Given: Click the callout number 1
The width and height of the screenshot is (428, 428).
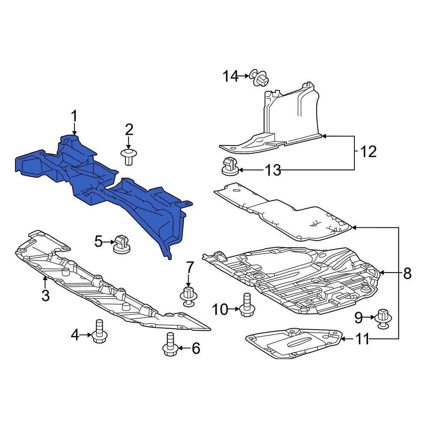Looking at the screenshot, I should coord(74,116).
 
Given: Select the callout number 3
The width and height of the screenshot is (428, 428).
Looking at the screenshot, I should coord(45,295).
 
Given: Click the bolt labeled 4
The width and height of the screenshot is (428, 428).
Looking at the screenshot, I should coord(99,332).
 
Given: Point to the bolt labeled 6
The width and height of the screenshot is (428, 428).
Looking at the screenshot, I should coord(170,345).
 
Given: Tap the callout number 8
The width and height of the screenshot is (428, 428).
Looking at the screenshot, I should coord(407,273).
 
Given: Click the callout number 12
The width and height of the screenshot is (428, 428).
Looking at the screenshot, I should coord(368,152).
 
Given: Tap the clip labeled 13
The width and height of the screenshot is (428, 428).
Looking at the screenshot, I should coord(229,166).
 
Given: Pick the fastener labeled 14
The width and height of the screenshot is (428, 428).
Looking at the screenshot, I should coord(259,78).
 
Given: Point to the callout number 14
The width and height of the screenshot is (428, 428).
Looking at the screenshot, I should coord(230,77).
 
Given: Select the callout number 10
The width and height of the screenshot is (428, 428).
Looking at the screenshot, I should coord(221,309).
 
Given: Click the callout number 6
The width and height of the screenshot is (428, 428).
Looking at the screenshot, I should coord(196,348).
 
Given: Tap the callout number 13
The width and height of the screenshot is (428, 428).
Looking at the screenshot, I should coord(273,170).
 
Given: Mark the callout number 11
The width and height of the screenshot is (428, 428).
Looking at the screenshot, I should coord(362,340).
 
